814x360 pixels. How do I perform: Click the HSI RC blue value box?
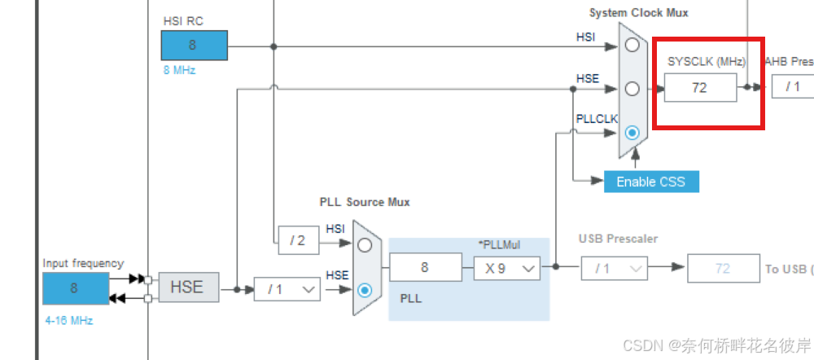point(194,46)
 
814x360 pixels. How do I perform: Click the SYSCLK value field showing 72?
point(700,87)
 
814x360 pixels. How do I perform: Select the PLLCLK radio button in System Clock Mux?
point(632,132)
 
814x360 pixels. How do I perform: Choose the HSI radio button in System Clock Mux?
point(632,46)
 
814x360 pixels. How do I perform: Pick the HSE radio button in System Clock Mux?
point(632,88)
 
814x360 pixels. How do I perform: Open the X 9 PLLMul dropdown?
point(507,267)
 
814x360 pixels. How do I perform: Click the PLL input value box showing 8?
point(425,267)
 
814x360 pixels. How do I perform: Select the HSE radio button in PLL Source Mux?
point(365,288)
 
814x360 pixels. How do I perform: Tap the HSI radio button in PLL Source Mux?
point(365,244)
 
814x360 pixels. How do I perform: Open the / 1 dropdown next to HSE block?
point(287,288)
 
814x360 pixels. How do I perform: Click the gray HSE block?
point(188,288)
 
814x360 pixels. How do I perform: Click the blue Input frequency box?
point(75,288)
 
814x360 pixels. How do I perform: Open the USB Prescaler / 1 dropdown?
point(614,267)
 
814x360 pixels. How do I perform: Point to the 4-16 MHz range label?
point(69,321)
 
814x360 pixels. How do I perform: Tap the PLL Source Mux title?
point(365,201)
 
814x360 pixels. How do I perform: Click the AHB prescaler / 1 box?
point(792,87)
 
